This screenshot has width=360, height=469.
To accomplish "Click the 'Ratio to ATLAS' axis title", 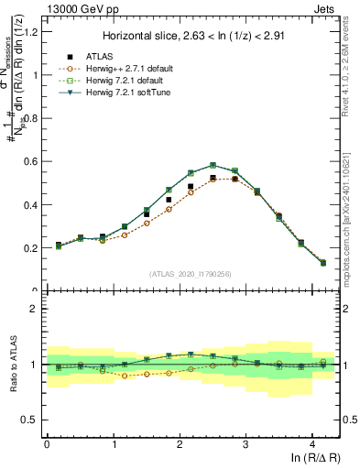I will [x=13, y=364].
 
